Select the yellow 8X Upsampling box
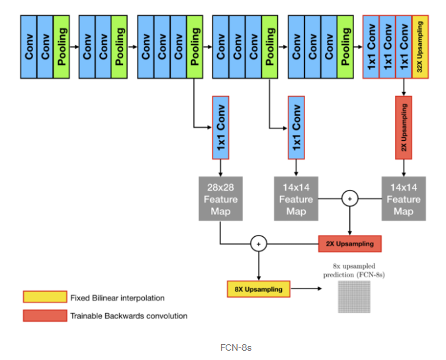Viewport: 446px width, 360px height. (258, 289)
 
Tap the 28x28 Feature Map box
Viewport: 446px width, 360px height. (220, 199)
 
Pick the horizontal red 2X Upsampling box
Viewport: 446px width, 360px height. (350, 244)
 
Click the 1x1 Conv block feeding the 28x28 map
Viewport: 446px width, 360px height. (220, 127)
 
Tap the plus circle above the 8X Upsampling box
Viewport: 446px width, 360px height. (258, 244)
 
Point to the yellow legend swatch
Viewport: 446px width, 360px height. (45, 297)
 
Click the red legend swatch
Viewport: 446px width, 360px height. (45, 316)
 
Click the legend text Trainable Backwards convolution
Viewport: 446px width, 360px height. (128, 316)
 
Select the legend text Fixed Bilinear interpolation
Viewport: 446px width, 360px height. (117, 298)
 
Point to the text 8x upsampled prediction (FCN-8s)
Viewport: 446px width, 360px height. (353, 270)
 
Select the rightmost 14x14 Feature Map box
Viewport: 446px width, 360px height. (404, 199)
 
